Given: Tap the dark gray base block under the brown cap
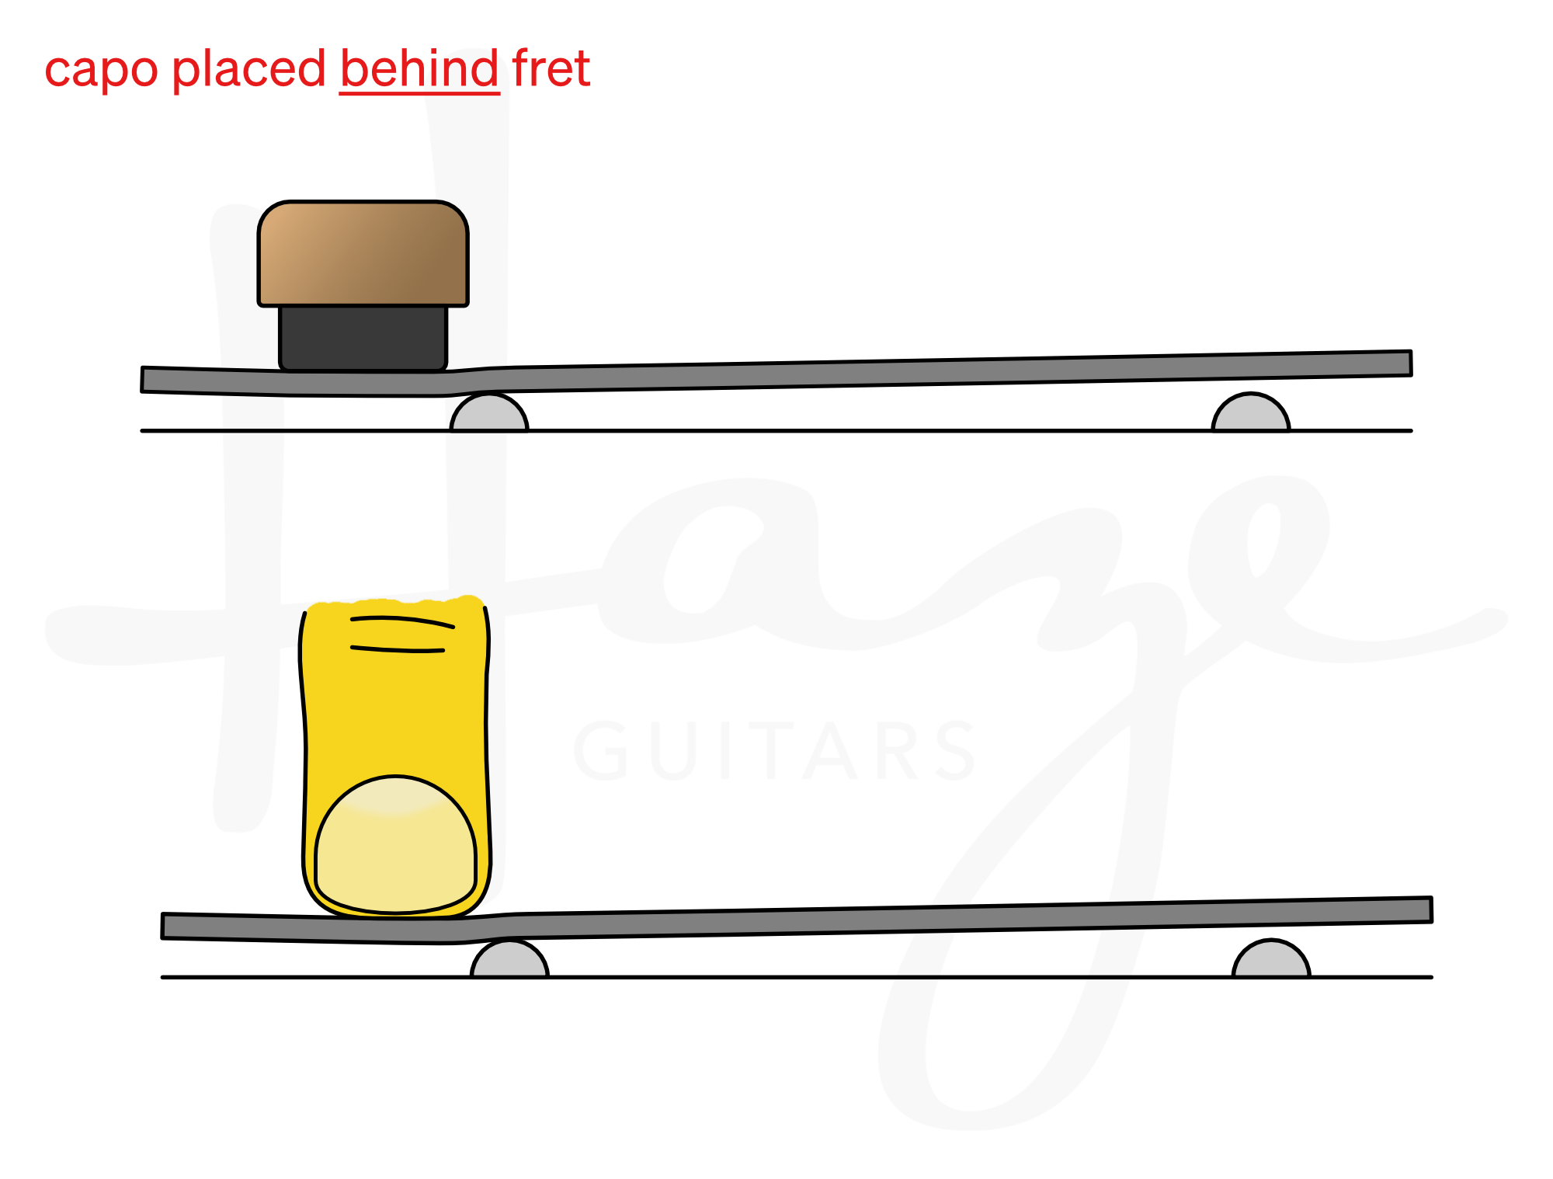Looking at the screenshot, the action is (363, 337).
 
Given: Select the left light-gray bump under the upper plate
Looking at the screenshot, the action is (489, 414).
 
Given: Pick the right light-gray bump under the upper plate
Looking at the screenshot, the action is (1251, 414).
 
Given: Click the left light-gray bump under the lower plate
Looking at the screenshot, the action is (509, 961).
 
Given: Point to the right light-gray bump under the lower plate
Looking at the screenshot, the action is (1271, 961).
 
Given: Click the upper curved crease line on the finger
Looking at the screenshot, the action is (402, 620).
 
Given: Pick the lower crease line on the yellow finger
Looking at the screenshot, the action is (398, 649).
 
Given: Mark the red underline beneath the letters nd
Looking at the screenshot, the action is (463, 94).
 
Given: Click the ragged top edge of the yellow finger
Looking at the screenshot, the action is (395, 602).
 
